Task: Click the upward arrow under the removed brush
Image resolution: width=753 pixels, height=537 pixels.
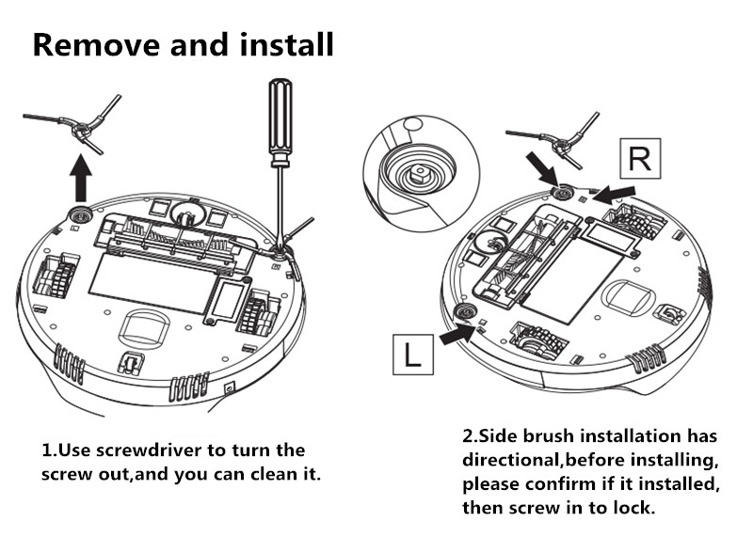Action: pyautogui.click(x=82, y=177)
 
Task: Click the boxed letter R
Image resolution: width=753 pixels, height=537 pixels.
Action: pyautogui.click(x=639, y=158)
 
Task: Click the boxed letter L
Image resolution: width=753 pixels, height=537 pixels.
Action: pyautogui.click(x=412, y=356)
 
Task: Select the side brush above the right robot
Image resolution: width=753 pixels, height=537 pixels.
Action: pyautogui.click(x=559, y=140)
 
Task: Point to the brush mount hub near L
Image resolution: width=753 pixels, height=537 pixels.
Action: pyautogui.click(x=462, y=311)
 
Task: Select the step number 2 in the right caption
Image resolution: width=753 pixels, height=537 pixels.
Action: pyautogui.click(x=468, y=436)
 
